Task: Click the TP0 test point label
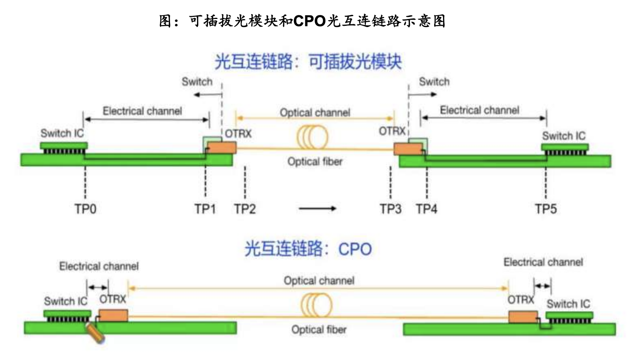coord(85,209)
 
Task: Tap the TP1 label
coord(205,209)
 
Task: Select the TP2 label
coord(245,209)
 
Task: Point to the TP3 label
coord(390,209)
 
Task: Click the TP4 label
coord(426,209)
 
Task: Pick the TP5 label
coord(546,209)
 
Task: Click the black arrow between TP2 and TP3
coord(317,209)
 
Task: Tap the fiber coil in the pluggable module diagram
coord(312,137)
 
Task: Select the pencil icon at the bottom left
coord(95,333)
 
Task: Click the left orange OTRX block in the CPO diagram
coord(113,315)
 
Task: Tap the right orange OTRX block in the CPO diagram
coord(523,317)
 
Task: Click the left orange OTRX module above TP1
coord(221,147)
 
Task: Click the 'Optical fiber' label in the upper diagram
coord(315,162)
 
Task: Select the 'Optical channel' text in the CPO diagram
coord(319,281)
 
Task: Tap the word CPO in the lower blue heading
coord(355,249)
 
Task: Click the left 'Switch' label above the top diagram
coord(197,82)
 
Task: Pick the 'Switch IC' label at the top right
coord(563,136)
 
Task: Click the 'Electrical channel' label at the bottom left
coord(99,266)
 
